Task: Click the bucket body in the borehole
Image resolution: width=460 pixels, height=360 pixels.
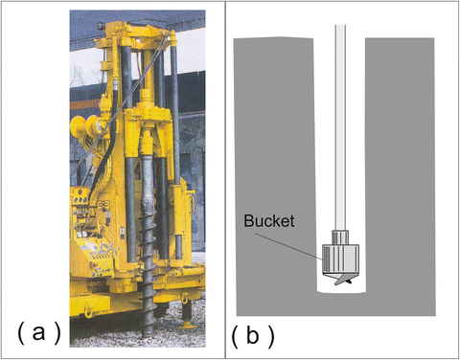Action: click(x=338, y=258)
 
